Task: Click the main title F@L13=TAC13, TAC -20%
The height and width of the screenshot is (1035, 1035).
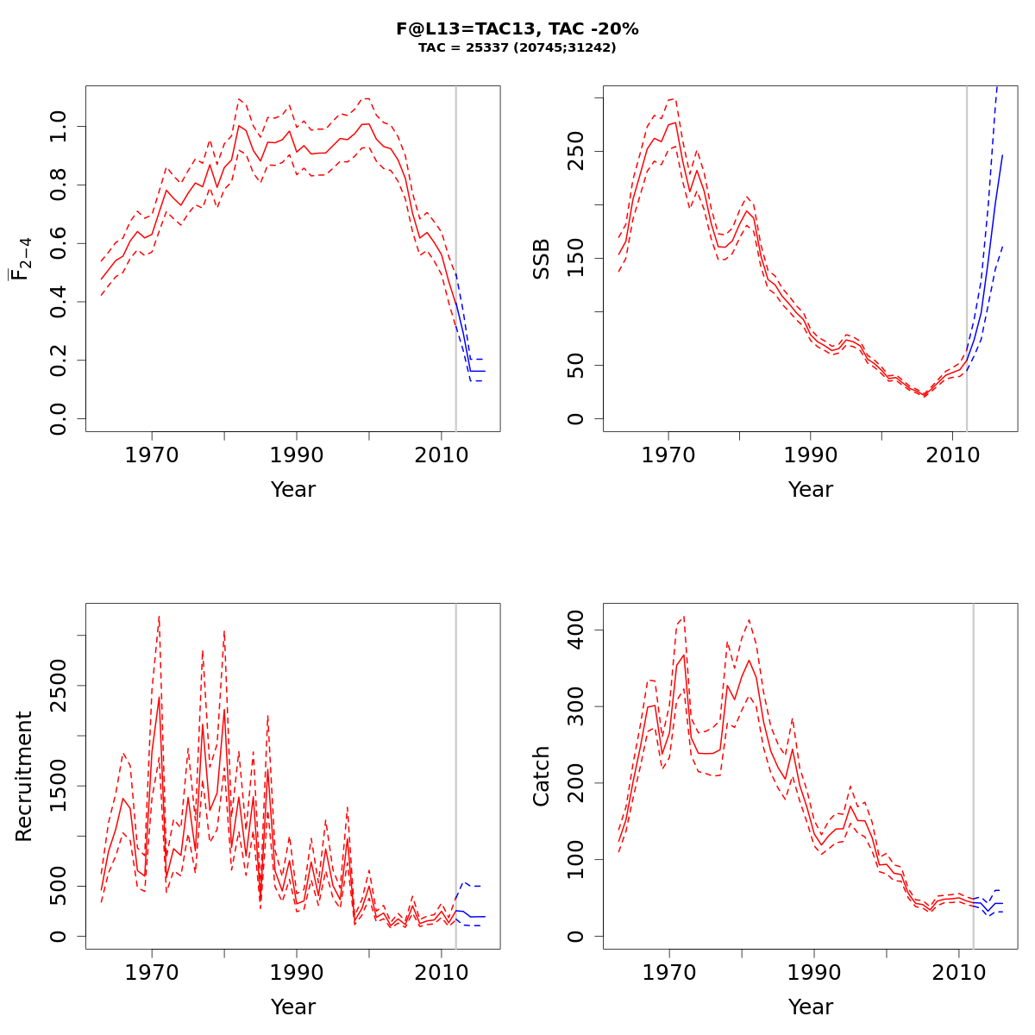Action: point(517,28)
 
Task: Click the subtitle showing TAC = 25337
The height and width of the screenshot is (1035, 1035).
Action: point(517,48)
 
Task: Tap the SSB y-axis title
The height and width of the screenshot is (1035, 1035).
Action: point(542,259)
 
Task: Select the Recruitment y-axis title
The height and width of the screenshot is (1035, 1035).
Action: point(23,776)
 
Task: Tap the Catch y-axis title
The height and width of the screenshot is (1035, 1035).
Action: point(542,776)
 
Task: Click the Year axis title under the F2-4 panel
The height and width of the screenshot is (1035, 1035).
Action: point(293,490)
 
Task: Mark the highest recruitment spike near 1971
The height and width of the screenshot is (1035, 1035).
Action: point(159,618)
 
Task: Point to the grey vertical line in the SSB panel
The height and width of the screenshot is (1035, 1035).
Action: point(967,259)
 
